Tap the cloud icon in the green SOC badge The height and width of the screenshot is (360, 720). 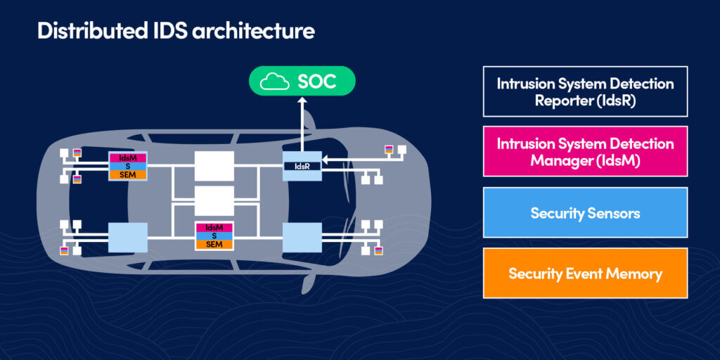(x=275, y=82)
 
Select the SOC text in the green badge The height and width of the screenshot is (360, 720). (x=316, y=82)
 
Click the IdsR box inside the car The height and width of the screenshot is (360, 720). (x=302, y=166)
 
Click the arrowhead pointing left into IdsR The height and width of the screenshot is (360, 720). (x=326, y=159)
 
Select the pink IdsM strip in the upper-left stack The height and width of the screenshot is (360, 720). (x=127, y=157)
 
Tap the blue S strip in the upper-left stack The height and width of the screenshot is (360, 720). (x=127, y=166)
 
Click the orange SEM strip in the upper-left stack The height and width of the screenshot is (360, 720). (x=127, y=174)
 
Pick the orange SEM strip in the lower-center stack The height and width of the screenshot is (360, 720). (x=214, y=244)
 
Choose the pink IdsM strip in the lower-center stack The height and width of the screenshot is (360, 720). (x=214, y=227)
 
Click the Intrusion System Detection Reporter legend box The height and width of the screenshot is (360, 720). (x=585, y=91)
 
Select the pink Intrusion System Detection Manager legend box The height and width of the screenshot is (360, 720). (x=585, y=151)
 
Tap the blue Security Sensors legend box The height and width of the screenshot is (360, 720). (x=585, y=213)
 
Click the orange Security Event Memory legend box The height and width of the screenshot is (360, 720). (x=585, y=274)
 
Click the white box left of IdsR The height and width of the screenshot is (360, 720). (x=214, y=166)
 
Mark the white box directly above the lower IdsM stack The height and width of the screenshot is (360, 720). (x=214, y=201)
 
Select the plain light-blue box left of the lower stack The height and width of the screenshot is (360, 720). (x=127, y=237)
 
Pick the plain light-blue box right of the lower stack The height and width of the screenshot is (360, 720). (x=302, y=237)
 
